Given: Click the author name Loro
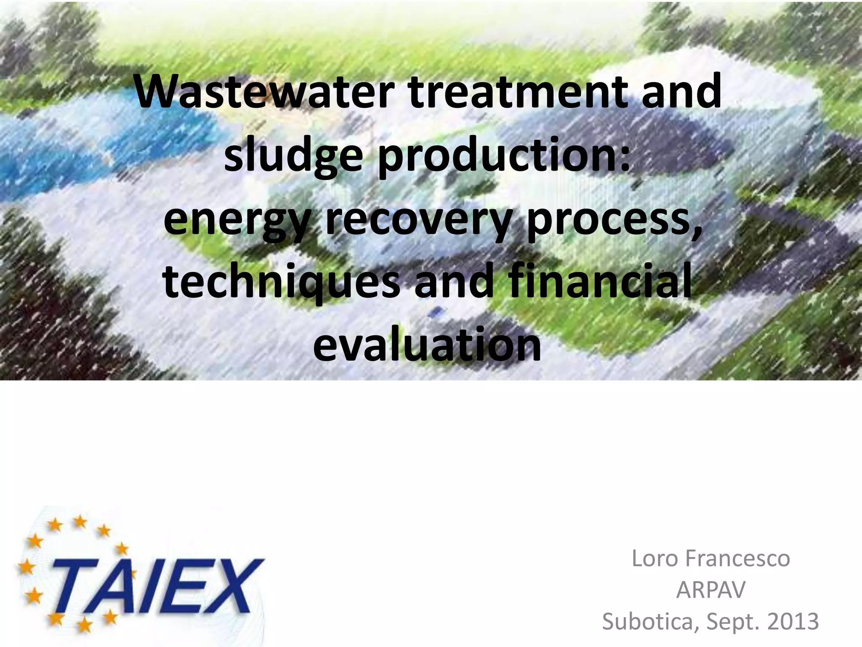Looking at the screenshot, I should (x=654, y=559).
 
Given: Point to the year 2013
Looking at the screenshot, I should (x=793, y=621).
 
